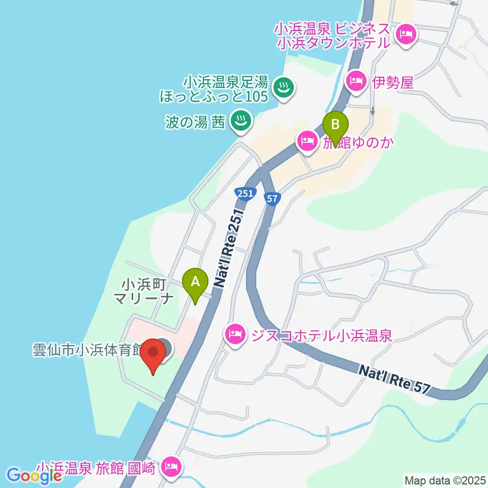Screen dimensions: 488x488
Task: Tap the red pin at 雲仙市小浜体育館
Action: pos(154,354)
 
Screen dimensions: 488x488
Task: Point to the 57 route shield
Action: pos(272,199)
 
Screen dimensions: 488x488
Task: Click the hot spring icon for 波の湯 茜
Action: pos(239,120)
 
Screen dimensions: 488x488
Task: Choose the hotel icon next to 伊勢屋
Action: pos(356,80)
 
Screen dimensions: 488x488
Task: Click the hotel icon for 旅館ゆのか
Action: pos(308,140)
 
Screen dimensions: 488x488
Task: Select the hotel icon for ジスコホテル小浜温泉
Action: pos(234,334)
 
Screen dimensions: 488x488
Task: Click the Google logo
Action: pos(35,476)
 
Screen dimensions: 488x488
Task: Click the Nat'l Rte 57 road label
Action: pos(394,379)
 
